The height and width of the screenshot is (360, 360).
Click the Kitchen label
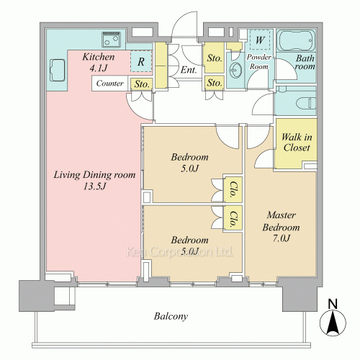(x=99, y=57)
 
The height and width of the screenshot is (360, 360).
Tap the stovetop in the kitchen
(x=111, y=39)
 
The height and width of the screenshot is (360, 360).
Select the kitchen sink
(x=58, y=70)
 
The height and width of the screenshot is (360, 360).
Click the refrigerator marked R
(x=141, y=61)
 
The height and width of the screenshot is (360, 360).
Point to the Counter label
(x=109, y=84)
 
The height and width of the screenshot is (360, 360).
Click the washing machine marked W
(x=260, y=40)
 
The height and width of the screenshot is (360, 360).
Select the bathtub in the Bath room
(x=297, y=40)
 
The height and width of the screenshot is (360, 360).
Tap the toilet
(x=306, y=104)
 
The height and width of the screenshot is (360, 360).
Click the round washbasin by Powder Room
(x=235, y=70)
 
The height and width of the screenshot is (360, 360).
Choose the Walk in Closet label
(x=297, y=143)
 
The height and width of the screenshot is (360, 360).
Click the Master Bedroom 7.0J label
(x=281, y=227)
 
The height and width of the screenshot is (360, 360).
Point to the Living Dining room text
(x=94, y=175)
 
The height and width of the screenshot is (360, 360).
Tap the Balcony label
(x=171, y=316)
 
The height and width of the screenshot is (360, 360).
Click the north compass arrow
(x=333, y=323)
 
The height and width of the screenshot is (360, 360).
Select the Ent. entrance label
(x=189, y=70)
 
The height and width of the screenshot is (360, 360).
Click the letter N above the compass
(x=333, y=304)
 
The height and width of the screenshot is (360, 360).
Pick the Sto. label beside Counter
(x=142, y=84)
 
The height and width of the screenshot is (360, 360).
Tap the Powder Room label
(x=258, y=61)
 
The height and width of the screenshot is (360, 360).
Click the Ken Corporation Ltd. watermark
(x=179, y=252)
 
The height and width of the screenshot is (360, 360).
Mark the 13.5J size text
(x=94, y=186)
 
